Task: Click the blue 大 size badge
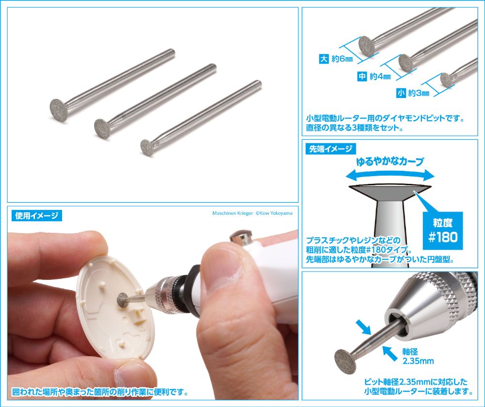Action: pyautogui.click(x=323, y=59)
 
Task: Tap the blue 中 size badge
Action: pyautogui.click(x=362, y=76)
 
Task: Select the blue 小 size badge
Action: pyautogui.click(x=401, y=93)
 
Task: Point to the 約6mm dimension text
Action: pyautogui.click(x=342, y=59)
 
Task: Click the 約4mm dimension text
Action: pyautogui.click(x=380, y=76)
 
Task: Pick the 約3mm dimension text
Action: pyautogui.click(x=419, y=93)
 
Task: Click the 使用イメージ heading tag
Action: pyautogui.click(x=37, y=215)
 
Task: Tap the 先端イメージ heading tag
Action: pyautogui.click(x=331, y=149)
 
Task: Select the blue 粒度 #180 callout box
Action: pyautogui.click(x=443, y=231)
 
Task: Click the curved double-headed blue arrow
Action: pyautogui.click(x=390, y=173)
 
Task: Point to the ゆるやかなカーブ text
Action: pyautogui.click(x=390, y=162)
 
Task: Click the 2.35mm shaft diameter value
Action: pyautogui.click(x=418, y=360)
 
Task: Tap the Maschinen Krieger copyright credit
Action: pyautogui.click(x=252, y=213)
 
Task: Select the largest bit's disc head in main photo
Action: pyautogui.click(x=59, y=110)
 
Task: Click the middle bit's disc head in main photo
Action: pyautogui.click(x=103, y=128)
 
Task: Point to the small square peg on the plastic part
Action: pyautogui.click(x=134, y=316)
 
